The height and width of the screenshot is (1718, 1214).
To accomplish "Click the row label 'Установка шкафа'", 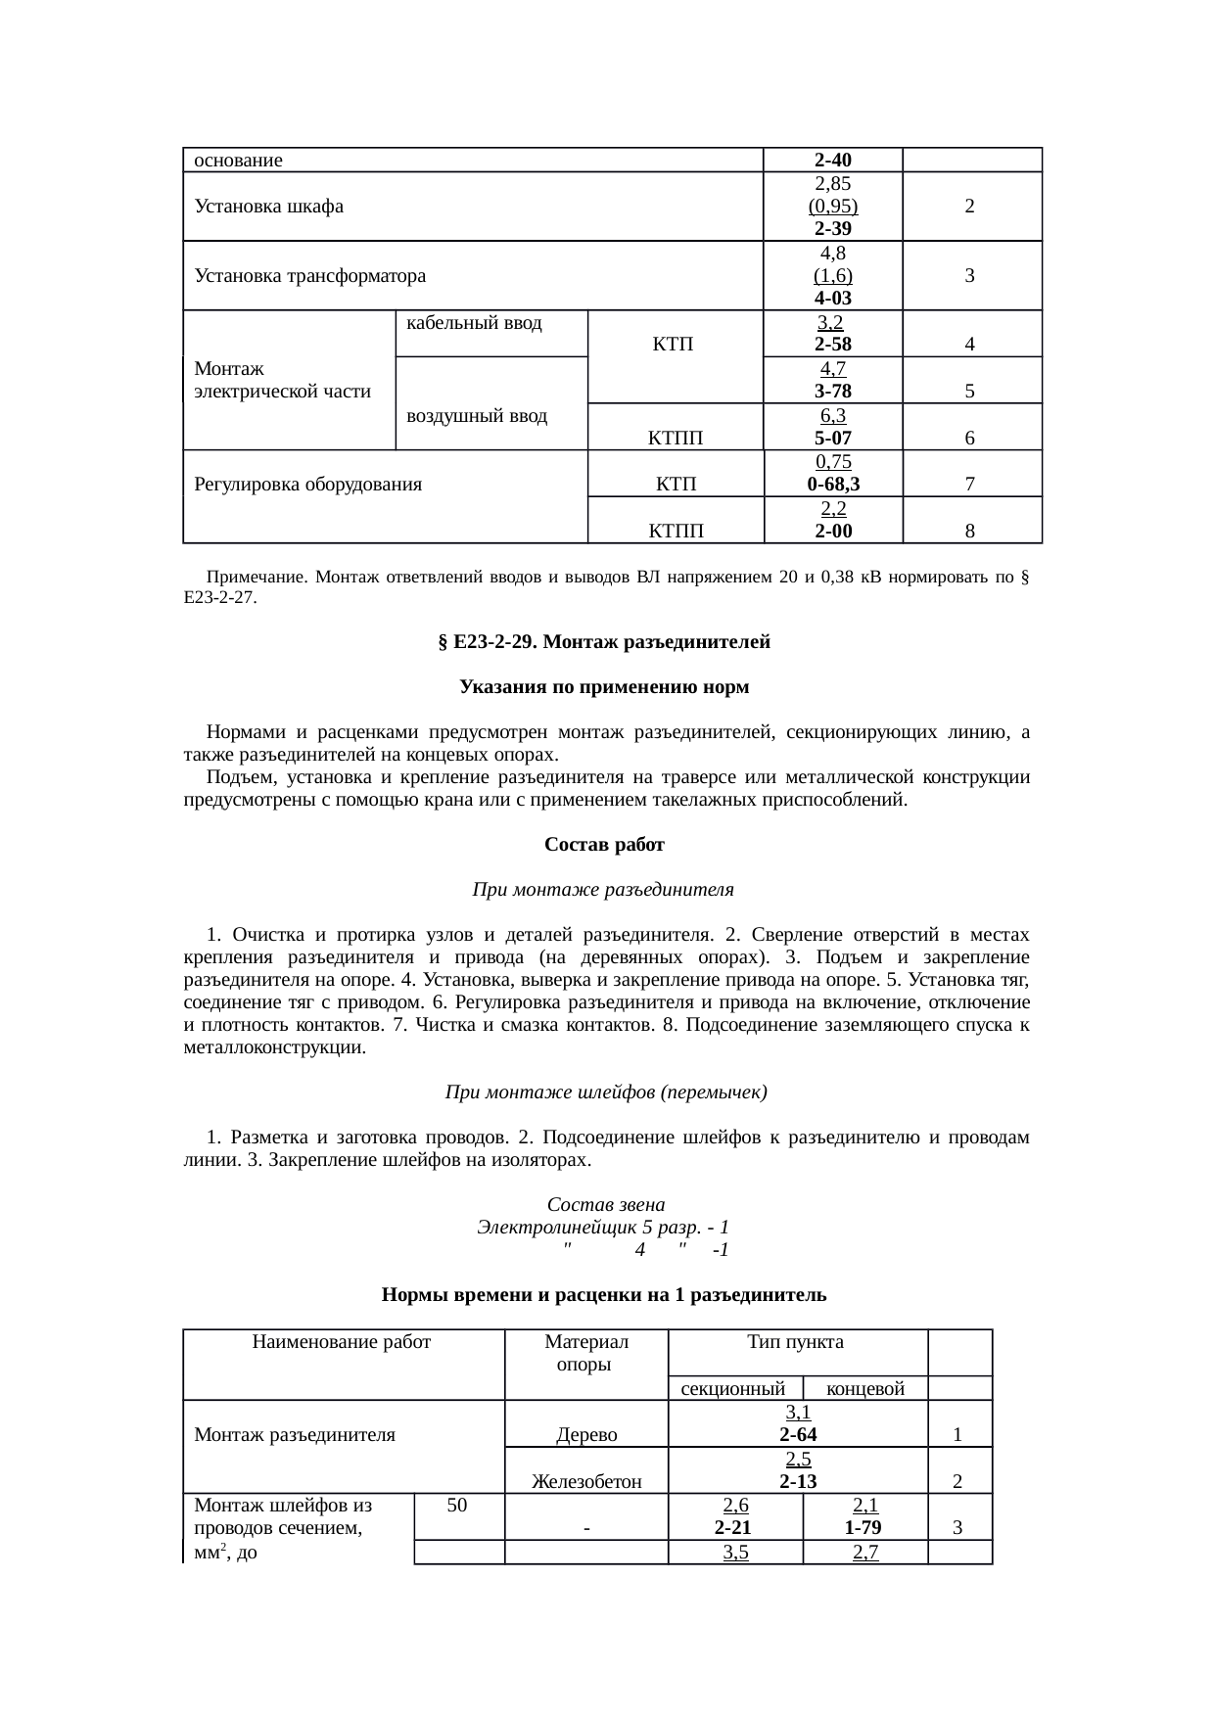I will point(269,207).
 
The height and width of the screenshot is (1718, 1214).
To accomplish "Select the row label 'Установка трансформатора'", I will point(310,276).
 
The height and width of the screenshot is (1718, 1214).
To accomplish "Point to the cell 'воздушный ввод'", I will point(476,416).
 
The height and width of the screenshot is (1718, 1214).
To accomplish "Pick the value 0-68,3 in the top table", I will point(833,485).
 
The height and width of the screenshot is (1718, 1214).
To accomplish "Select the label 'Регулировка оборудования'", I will point(308,485).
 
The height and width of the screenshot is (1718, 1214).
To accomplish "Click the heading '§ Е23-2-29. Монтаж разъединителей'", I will point(604,642).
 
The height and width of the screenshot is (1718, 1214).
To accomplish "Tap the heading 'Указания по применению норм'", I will point(604,687).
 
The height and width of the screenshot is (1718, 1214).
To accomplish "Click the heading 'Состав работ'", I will point(604,844).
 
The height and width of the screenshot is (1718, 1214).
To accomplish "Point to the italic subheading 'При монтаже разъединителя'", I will point(603,890).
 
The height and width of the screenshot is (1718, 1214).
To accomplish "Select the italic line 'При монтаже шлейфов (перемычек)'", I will point(606,1091).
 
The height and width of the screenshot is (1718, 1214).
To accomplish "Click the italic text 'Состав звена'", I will point(606,1203).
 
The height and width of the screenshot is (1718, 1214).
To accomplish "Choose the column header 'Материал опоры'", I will point(585,1353).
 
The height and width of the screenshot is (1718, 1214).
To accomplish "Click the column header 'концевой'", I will point(864,1389).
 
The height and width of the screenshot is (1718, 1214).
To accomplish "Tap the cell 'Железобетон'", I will point(585,1482).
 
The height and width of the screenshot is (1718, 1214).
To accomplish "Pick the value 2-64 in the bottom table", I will point(798,1436).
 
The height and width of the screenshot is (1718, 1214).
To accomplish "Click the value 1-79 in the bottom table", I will point(864,1528).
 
